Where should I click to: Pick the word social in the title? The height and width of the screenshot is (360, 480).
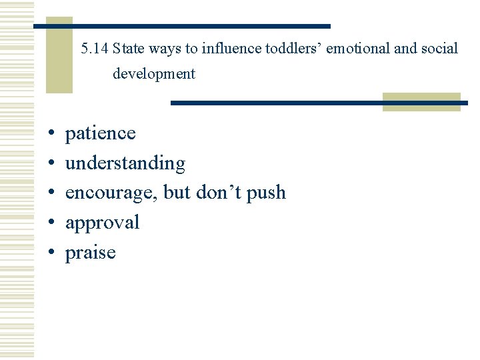click(x=441, y=49)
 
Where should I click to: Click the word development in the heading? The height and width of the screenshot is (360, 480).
click(x=154, y=74)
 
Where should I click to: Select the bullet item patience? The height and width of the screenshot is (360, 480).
click(x=100, y=133)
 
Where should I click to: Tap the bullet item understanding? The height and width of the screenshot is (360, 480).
click(x=125, y=163)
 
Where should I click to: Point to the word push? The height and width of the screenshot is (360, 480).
click(x=266, y=193)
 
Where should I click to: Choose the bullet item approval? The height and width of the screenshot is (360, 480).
click(x=102, y=222)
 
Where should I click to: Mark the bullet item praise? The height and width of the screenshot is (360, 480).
click(x=90, y=252)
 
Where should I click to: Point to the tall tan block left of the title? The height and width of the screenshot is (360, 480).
click(x=59, y=55)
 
